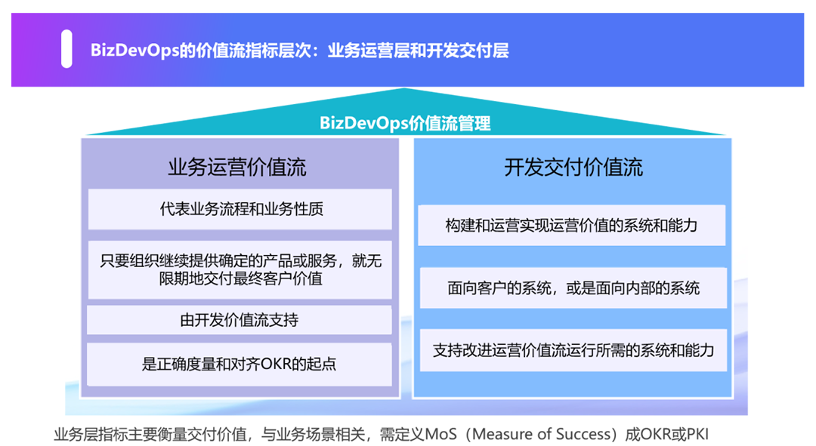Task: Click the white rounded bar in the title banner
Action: click(66, 49)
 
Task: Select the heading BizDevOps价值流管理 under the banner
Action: click(405, 123)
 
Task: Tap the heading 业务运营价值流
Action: click(237, 167)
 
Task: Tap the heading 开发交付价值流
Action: click(573, 167)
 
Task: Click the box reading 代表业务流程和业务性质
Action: click(240, 209)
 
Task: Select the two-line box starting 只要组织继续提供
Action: click(240, 270)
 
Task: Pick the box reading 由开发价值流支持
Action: click(240, 320)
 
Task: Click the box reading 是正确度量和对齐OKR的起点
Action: click(240, 364)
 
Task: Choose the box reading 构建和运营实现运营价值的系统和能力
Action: click(572, 225)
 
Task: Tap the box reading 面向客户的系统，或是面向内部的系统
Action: click(572, 288)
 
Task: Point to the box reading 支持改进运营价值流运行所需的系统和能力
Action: click(572, 350)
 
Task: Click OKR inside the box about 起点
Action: click(279, 364)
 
